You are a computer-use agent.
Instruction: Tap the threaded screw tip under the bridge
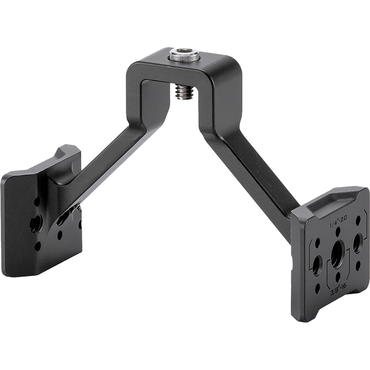click(x=184, y=92)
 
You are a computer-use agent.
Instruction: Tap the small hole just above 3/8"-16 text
click(x=338, y=276)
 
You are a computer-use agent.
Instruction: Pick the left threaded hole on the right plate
click(x=317, y=265)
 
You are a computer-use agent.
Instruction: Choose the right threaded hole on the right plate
click(x=357, y=243)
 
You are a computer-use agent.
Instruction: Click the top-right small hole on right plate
click(x=358, y=220)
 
